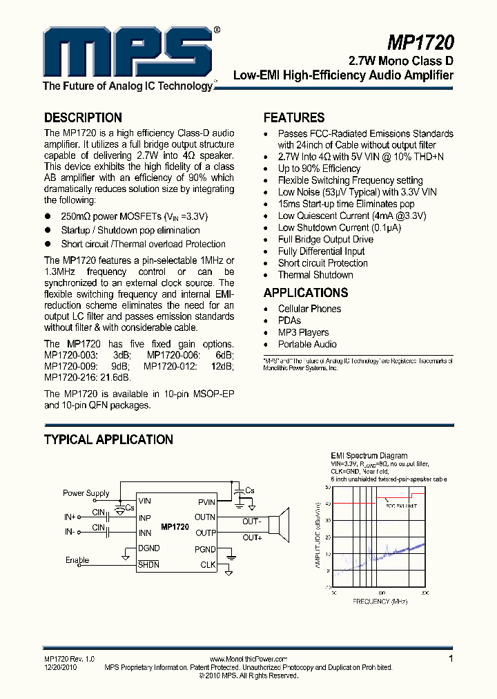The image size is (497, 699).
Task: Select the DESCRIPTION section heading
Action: tap(83, 117)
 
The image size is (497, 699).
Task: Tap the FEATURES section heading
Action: tap(294, 117)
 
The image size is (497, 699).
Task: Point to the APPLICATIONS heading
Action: tap(306, 292)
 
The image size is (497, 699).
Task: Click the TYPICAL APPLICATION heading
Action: tap(108, 439)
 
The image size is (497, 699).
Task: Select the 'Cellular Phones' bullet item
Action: tap(309, 309)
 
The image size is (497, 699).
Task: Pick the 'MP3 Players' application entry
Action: tap(303, 332)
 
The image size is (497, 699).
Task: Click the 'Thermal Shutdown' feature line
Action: tap(315, 275)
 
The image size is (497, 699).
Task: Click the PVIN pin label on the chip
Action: tap(206, 502)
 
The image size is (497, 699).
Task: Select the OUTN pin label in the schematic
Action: tap(205, 517)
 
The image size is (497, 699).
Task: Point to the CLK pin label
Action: tap(208, 564)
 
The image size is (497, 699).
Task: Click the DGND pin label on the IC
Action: tap(149, 548)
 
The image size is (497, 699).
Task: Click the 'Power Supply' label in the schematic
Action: tap(86, 493)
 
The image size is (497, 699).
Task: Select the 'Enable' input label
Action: tap(77, 560)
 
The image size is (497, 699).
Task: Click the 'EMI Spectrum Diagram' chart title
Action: tap(369, 456)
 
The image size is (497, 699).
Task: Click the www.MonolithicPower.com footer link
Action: tap(248, 659)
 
